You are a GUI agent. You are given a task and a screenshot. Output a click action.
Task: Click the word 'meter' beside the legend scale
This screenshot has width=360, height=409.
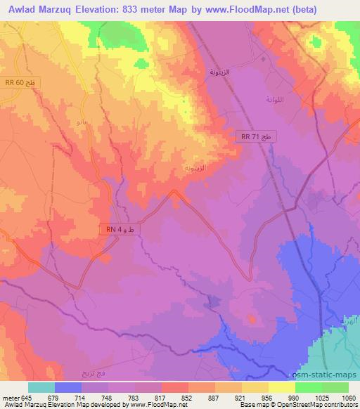[x=10, y=397]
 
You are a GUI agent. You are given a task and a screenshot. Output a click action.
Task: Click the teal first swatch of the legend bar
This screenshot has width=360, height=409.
[x=41, y=387]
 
